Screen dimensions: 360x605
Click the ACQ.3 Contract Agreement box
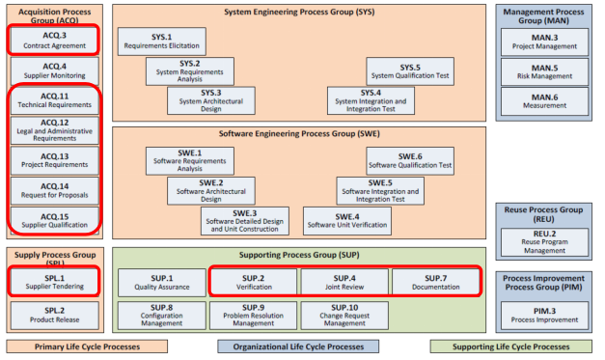[54, 41]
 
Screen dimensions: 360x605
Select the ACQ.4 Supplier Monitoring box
[54, 70]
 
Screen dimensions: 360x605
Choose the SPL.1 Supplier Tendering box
[54, 282]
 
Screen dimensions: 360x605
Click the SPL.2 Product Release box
[54, 315]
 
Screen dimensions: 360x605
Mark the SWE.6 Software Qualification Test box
[409, 160]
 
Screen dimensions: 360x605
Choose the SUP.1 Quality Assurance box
[161, 282]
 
